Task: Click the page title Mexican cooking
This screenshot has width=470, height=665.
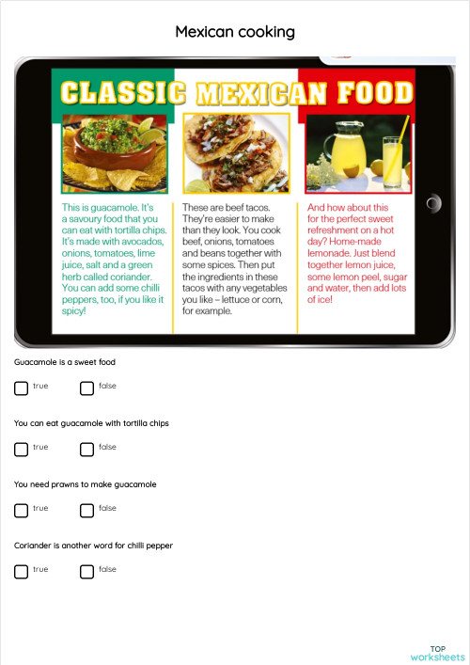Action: click(235, 32)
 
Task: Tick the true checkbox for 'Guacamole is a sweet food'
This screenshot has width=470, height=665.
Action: click(22, 388)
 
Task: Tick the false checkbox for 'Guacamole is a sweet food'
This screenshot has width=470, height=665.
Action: click(87, 388)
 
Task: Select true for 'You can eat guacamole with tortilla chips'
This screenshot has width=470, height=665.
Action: click(22, 449)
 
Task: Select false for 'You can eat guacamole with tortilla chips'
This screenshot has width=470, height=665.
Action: click(87, 449)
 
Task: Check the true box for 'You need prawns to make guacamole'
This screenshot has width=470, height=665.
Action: click(22, 510)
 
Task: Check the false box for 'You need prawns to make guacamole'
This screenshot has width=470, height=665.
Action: click(87, 510)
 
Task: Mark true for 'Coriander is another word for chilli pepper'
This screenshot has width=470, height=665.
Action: click(22, 571)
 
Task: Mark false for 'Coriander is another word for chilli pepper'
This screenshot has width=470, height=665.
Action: click(87, 571)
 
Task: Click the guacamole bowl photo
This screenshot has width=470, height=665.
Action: click(114, 153)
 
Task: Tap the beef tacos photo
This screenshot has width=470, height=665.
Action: click(235, 153)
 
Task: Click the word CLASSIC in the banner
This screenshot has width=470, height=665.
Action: click(121, 93)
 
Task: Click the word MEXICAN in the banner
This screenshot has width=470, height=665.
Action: click(267, 93)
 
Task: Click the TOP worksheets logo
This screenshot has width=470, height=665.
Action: click(438, 653)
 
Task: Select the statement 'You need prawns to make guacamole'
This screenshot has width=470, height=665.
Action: click(86, 484)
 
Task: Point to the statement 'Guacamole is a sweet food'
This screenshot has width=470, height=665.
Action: click(65, 362)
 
